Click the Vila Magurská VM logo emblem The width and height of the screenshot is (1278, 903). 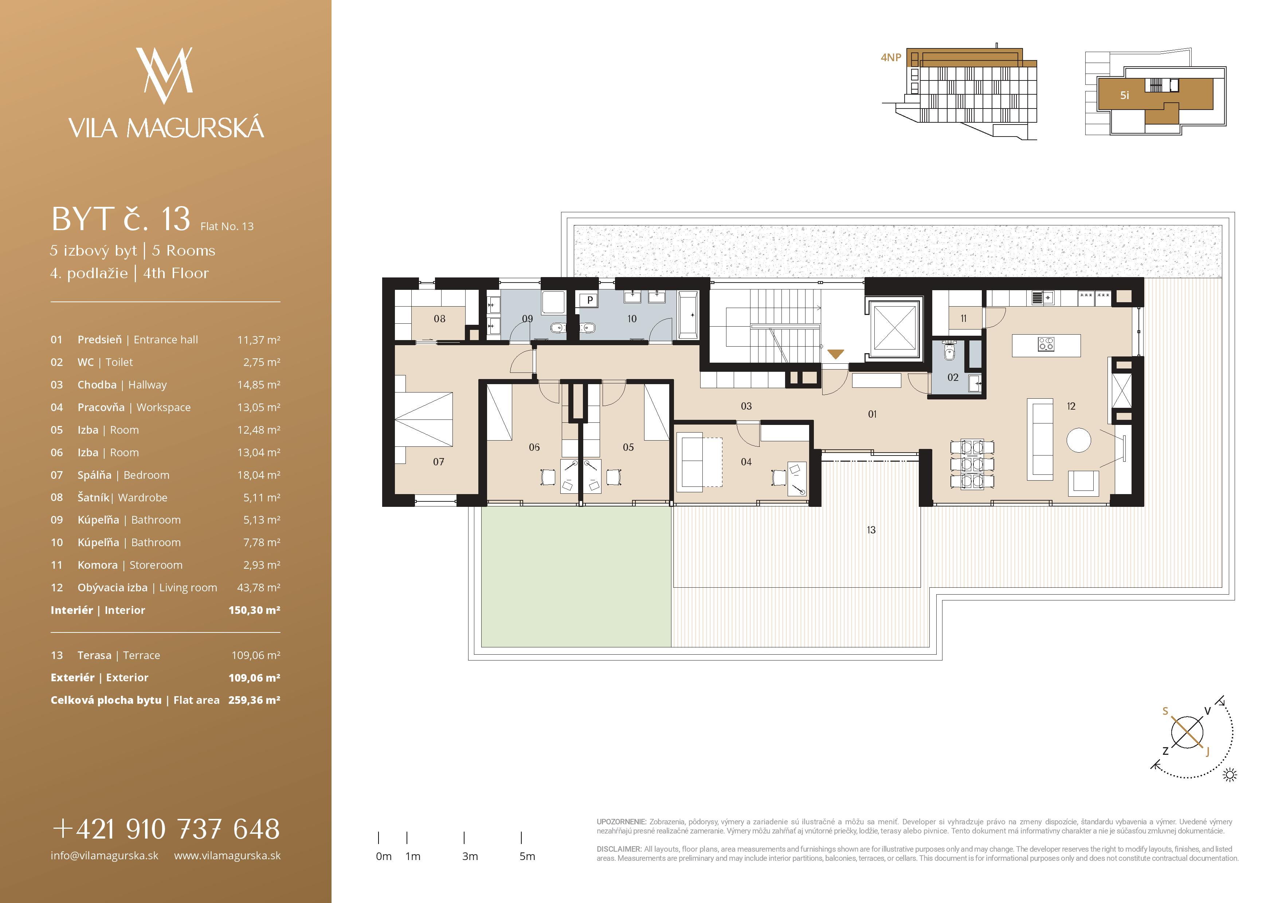pos(165,75)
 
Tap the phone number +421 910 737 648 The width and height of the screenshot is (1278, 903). pos(166,829)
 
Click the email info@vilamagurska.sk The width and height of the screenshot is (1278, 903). pos(105,856)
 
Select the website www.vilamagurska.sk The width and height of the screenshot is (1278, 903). pos(227,856)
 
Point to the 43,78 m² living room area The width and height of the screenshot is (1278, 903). pos(259,588)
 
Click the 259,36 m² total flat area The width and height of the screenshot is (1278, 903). pos(254,700)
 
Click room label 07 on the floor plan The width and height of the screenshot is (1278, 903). pos(439,462)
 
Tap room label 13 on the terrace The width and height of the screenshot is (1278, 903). pos(871,530)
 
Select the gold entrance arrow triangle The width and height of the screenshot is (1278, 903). pos(835,354)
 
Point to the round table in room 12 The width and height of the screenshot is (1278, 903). pos(1079,441)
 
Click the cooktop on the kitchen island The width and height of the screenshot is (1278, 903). pos(1046,344)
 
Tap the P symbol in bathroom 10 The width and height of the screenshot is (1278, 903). pos(590,300)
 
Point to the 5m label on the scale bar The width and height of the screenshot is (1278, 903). pos(527,856)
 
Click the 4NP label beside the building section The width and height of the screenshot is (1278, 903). pos(891,57)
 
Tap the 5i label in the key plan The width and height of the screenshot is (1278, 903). pos(1124,95)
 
